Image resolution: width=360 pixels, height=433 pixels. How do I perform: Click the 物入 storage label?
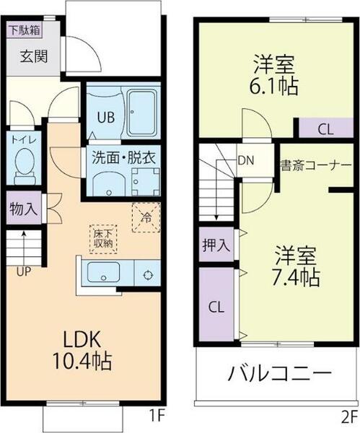click(x=24, y=209)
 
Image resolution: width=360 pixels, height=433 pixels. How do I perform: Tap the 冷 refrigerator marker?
click(x=145, y=216)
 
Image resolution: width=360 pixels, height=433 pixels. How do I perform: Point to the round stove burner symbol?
click(x=147, y=274)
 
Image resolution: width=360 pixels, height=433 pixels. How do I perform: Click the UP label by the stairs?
click(x=24, y=271)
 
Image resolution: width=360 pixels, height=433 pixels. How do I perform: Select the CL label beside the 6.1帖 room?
click(x=325, y=130)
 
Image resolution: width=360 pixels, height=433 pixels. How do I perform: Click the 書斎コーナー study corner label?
click(x=315, y=165)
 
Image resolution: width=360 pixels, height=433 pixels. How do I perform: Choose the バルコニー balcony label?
click(x=280, y=375)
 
